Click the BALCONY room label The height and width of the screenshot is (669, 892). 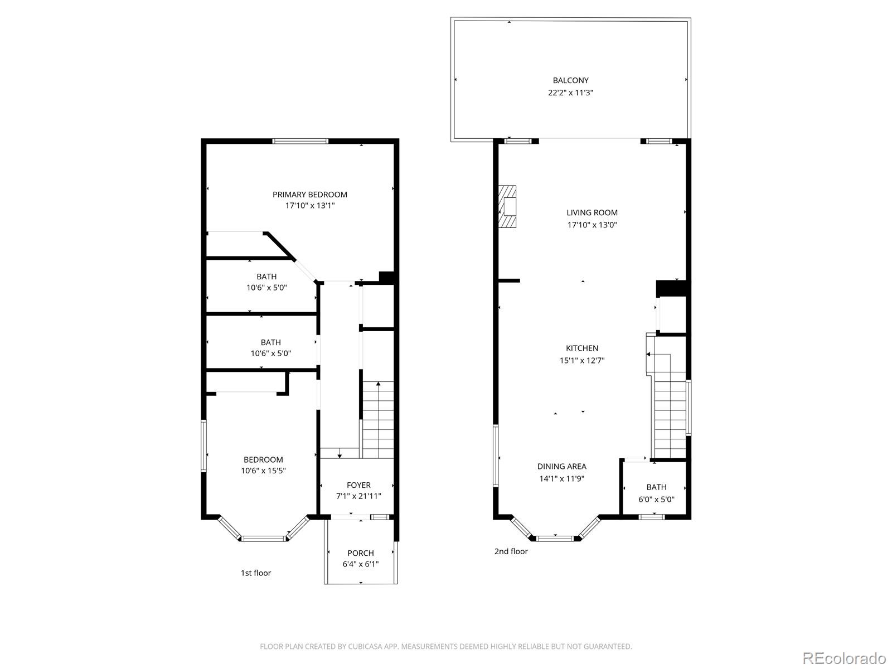570,80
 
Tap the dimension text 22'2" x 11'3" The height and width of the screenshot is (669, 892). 570,93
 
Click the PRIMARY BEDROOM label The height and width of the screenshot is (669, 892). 309,195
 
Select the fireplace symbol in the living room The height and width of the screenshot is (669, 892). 507,207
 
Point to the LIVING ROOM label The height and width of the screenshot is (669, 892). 592,212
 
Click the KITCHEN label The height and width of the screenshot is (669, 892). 582,348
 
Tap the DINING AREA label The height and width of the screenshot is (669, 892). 561,466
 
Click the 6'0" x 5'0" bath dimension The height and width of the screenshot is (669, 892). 656,499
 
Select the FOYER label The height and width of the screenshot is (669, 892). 358,485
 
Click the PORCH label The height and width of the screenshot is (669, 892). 360,553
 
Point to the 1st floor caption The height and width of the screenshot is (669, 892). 256,573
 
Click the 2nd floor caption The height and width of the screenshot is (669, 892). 511,551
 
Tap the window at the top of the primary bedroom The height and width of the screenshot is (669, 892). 300,141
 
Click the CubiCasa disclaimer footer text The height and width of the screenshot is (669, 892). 445,646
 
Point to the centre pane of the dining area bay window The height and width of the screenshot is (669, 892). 555,538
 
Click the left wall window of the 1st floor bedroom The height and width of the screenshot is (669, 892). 204,446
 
